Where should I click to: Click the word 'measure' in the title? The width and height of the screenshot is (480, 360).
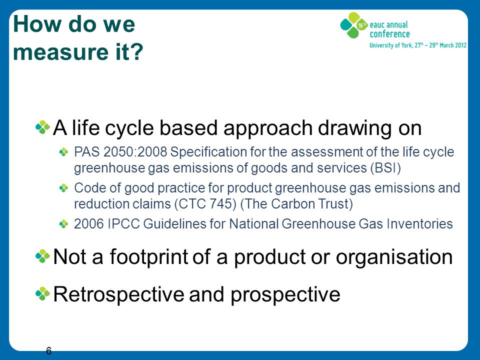coord(60,51)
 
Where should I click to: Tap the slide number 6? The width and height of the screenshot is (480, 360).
coord(48,351)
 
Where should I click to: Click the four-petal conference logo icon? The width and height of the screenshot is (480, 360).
coord(354,25)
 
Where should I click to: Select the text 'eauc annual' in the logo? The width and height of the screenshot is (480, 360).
coord(389,25)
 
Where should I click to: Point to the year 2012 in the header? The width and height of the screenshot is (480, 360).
coord(460,45)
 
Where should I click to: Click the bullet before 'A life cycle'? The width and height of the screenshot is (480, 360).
coord(42,127)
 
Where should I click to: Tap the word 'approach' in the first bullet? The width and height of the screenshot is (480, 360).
coord(267,128)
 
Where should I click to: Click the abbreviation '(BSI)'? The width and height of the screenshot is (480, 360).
coord(385,168)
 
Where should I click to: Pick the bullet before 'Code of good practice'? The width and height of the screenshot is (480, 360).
coord(63,188)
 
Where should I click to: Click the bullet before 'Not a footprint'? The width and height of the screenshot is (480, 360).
coord(42,256)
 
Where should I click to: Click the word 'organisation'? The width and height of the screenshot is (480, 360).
coord(394,257)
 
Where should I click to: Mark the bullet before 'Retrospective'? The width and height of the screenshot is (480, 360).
coord(42,294)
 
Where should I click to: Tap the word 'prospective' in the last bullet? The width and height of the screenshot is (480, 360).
coord(285,295)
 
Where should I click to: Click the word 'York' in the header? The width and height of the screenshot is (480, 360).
coord(407,45)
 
